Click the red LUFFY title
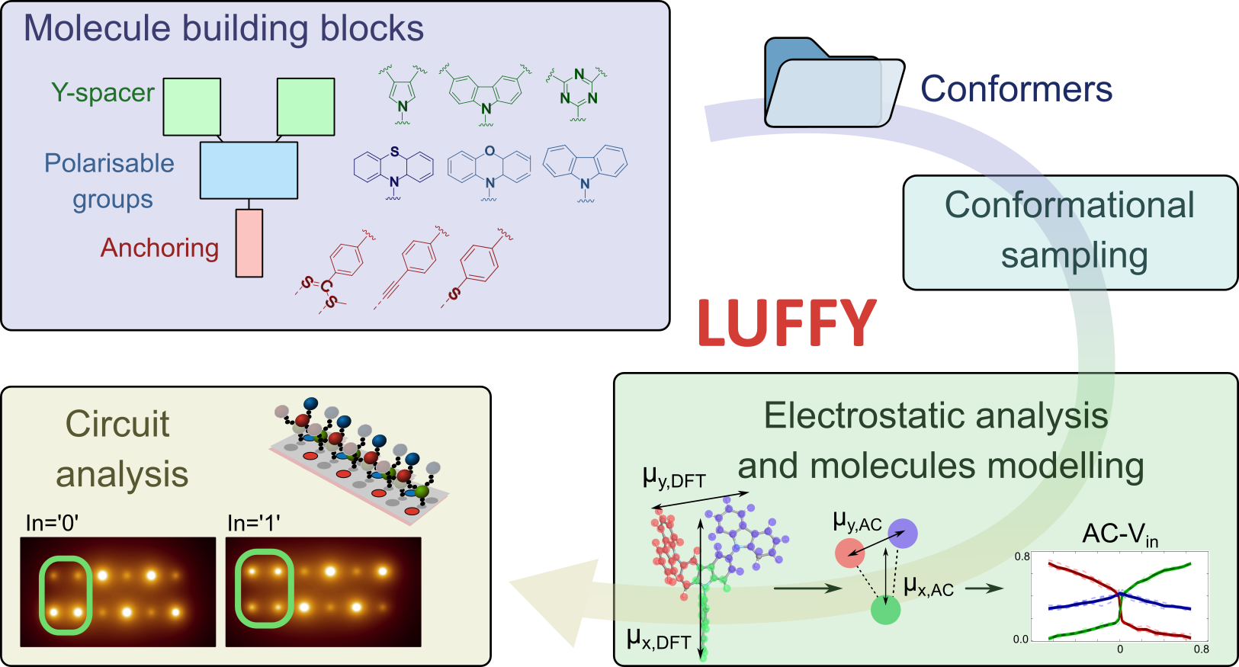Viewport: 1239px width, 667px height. pos(787,323)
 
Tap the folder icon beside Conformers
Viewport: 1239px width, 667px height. pos(834,83)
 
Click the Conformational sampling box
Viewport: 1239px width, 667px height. pos(1070,232)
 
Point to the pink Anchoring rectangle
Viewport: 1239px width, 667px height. pos(249,243)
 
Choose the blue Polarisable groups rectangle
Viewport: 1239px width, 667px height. pos(249,170)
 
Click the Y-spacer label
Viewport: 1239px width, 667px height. pos(103,92)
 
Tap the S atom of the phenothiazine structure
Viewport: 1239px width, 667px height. pos(394,151)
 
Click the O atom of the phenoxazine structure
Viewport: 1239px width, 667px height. pos(490,150)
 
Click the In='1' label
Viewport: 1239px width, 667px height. pos(254,523)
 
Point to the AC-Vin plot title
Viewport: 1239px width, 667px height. pos(1120,535)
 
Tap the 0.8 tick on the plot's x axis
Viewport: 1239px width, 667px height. pos(1202,649)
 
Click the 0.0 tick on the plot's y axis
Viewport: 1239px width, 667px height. pos(1021,640)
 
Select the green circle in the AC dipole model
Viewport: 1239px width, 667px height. pos(885,610)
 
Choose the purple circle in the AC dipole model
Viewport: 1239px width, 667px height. pos(903,534)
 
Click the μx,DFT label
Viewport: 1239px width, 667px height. pos(659,640)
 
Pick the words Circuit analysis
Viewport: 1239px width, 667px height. pos(122,449)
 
